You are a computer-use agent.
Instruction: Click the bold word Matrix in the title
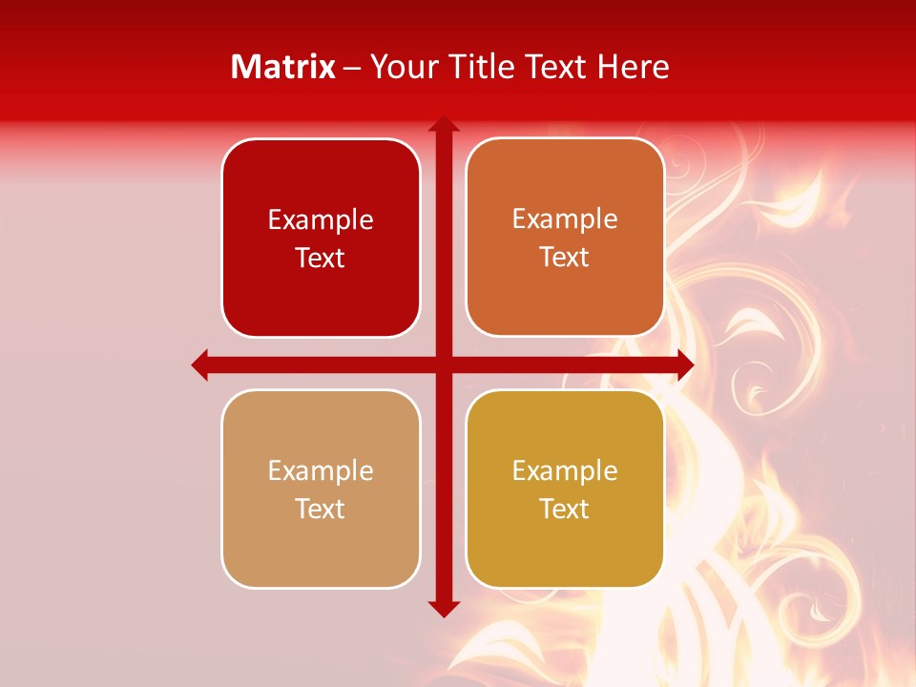click(283, 67)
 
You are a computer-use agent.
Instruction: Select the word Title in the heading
click(482, 67)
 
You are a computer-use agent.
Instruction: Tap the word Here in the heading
click(633, 67)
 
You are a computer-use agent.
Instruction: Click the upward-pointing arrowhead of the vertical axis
click(444, 124)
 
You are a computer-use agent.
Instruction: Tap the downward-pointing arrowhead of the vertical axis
click(444, 608)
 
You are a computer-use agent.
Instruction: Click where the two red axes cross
click(444, 364)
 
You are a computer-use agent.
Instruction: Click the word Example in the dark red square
click(321, 220)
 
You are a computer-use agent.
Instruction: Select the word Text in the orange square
click(565, 258)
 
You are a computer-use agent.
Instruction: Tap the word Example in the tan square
click(321, 471)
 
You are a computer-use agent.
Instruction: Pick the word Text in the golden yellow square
click(565, 510)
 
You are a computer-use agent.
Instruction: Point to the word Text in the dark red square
click(321, 259)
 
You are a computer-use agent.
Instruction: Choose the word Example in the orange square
click(565, 219)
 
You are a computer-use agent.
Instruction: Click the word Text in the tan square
click(321, 510)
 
